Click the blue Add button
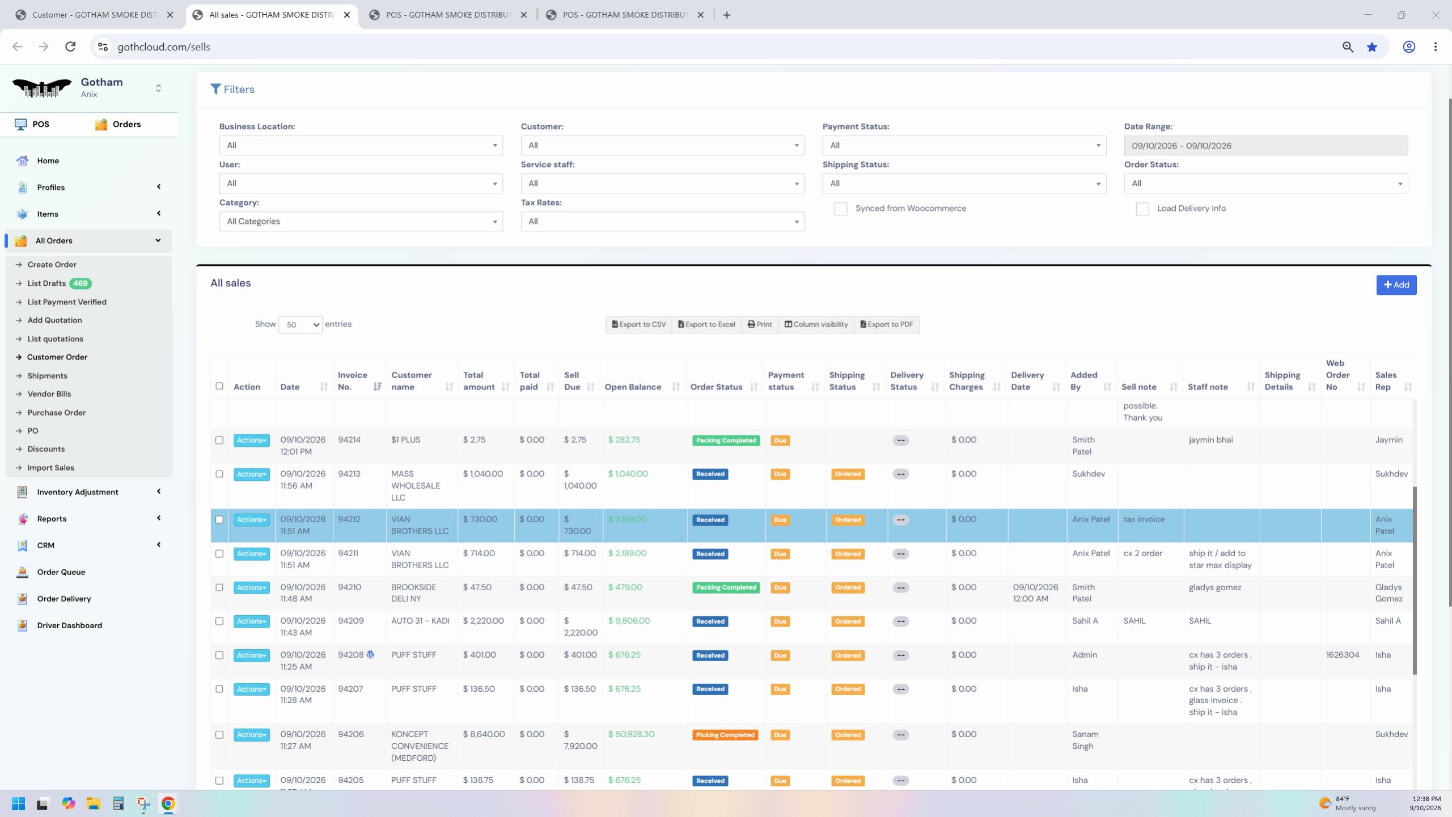click(x=1396, y=285)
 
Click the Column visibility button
click(x=816, y=324)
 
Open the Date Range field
click(x=1265, y=146)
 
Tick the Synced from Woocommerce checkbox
click(x=840, y=209)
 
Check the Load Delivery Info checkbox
click(x=1142, y=209)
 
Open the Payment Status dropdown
click(x=964, y=146)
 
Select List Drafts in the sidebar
click(x=46, y=283)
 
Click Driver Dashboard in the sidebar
click(x=70, y=625)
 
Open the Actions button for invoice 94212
click(x=251, y=520)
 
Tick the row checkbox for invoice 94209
click(x=219, y=621)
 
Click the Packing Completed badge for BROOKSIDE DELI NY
click(x=726, y=588)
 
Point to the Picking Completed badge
click(x=725, y=735)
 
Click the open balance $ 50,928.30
click(x=631, y=734)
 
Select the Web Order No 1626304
click(x=1342, y=655)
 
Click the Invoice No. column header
click(x=352, y=381)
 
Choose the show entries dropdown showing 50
click(x=300, y=325)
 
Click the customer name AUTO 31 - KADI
click(x=420, y=621)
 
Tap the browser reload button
click(x=70, y=46)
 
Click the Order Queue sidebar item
click(x=61, y=572)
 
